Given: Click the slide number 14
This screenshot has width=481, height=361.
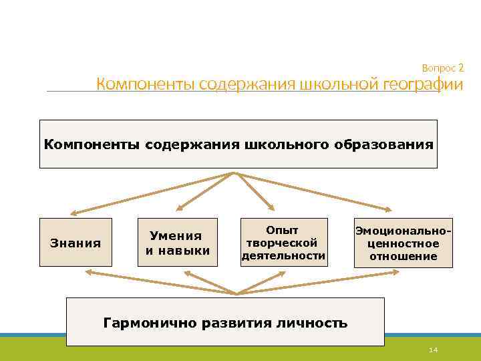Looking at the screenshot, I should point(433,351).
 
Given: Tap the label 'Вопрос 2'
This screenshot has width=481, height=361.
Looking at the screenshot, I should point(443,68).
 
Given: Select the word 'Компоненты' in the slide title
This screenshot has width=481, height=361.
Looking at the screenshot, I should point(136,86).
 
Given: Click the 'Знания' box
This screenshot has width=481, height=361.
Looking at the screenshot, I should point(75,243).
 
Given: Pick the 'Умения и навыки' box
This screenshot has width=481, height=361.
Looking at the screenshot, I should point(177,243).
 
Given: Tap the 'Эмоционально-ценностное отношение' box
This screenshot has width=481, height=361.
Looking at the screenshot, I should point(402,243).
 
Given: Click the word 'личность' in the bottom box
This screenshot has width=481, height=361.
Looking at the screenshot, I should point(314,324).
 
